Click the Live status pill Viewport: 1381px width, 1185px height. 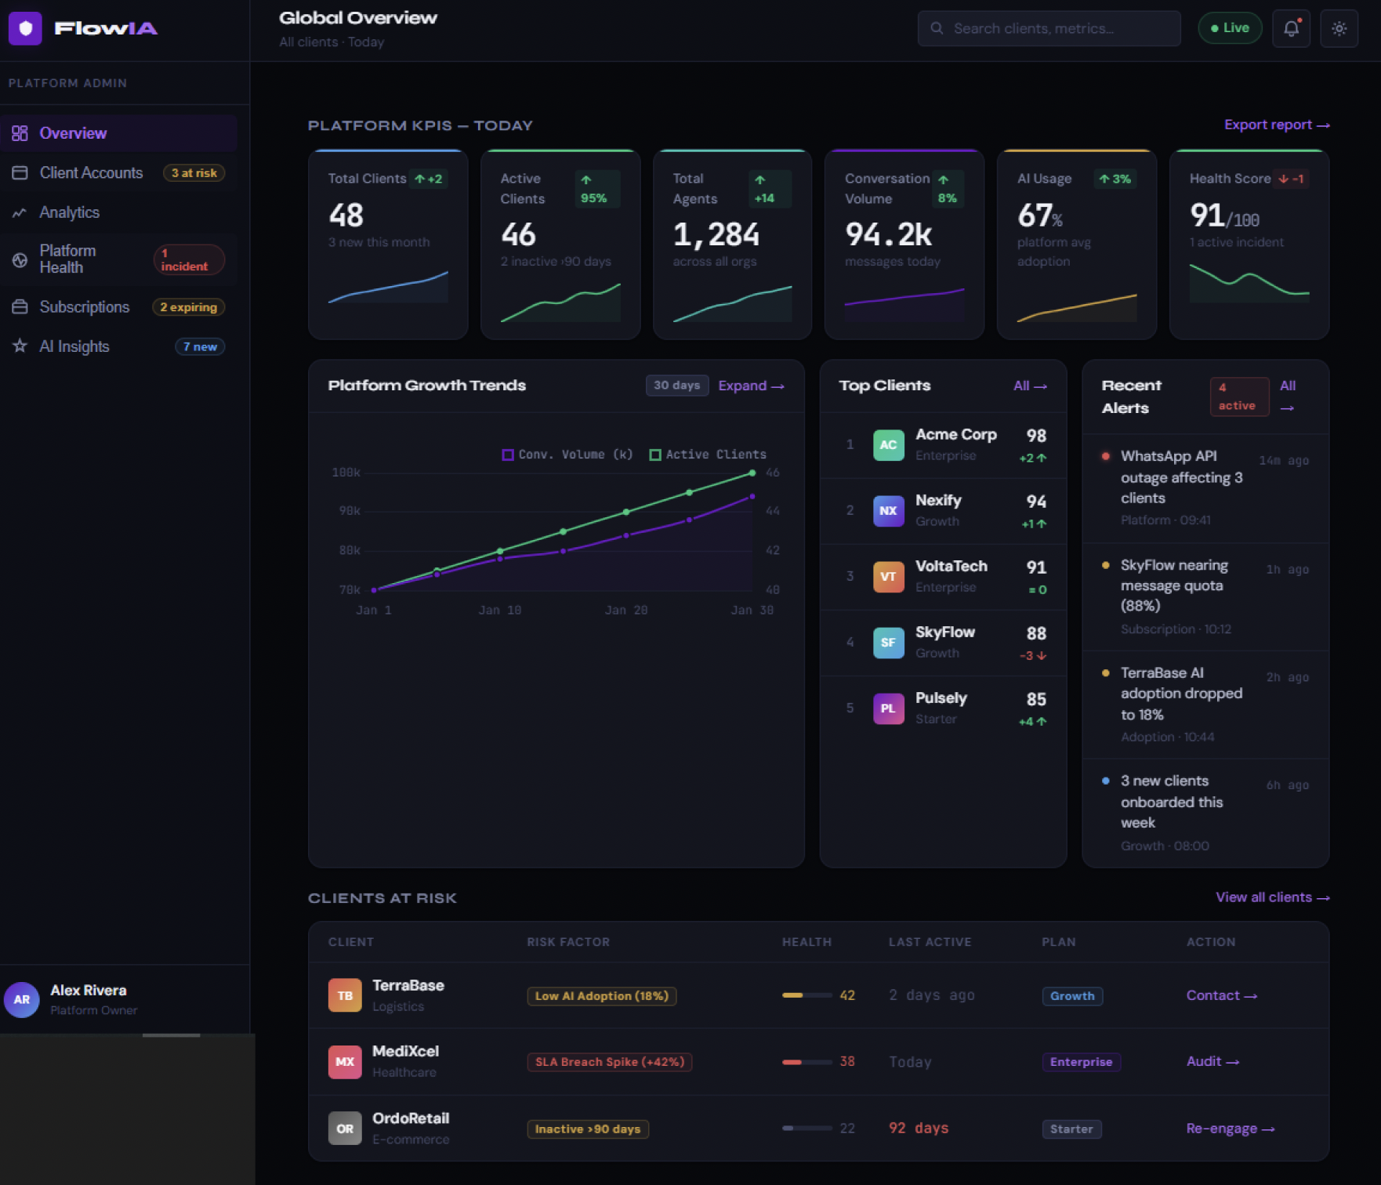1229,28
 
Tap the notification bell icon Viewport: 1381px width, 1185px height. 1291,29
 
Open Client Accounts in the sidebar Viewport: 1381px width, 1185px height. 91,173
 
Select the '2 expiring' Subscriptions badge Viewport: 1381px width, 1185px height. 188,307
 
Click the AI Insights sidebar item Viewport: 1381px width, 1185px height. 74,346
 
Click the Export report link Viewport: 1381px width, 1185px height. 1276,125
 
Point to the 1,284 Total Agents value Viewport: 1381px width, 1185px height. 716,234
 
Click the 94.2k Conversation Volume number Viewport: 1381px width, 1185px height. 888,234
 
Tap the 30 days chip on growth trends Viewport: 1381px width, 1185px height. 676,386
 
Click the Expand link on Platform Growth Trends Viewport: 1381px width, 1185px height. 750,386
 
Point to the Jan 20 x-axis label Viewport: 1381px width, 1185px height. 625,610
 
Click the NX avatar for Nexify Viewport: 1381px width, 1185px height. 888,511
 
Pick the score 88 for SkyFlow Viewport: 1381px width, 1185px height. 1035,633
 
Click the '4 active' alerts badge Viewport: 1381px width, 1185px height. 1238,397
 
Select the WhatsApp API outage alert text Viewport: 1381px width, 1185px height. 1180,477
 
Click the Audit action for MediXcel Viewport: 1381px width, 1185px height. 1212,1061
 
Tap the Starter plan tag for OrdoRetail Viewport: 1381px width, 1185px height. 1071,1129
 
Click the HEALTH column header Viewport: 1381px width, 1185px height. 806,942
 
